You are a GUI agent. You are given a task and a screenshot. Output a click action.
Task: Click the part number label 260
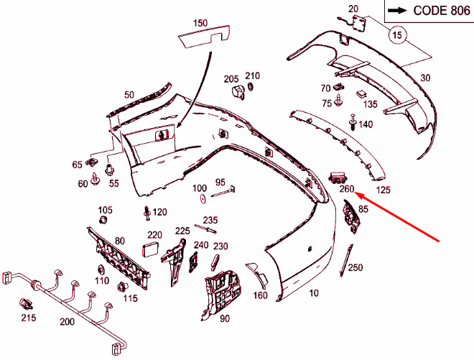(x=347, y=189)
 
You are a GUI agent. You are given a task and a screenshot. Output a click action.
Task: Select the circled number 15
(x=398, y=34)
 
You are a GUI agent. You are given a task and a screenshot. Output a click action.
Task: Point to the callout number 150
(x=200, y=23)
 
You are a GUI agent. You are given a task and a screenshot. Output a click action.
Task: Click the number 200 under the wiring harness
(x=67, y=322)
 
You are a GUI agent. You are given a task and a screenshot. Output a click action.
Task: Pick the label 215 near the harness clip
(x=27, y=317)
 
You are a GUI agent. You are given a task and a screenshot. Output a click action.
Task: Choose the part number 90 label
(x=224, y=318)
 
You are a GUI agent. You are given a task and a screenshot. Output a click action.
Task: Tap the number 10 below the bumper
(x=313, y=293)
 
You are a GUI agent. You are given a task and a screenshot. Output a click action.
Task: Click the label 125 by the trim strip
(x=384, y=190)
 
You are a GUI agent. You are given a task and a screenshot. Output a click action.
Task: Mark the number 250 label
(x=355, y=267)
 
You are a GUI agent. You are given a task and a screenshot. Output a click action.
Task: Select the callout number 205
(x=231, y=78)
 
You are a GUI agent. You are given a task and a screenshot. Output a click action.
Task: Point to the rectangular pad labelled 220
(x=151, y=249)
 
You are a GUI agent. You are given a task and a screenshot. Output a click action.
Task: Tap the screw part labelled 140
(x=353, y=124)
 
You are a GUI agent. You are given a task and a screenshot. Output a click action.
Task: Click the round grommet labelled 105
(x=105, y=223)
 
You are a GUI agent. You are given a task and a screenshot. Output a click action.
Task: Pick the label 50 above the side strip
(x=129, y=94)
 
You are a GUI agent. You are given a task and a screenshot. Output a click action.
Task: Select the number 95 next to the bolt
(x=220, y=182)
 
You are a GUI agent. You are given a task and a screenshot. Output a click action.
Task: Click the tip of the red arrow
(x=357, y=194)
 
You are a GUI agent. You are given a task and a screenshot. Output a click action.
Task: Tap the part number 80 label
(x=120, y=241)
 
